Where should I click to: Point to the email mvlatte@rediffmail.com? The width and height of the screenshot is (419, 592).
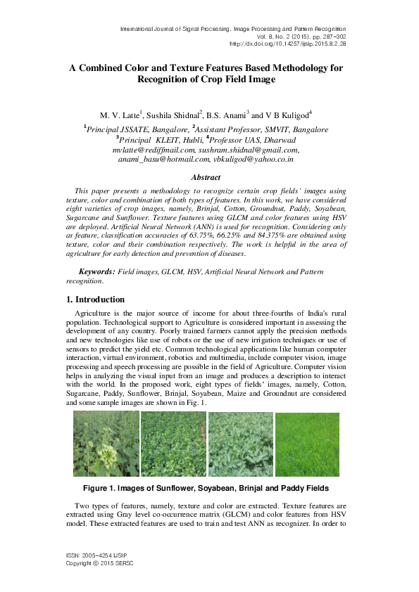[154, 150]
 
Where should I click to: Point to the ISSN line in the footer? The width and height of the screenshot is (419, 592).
[94, 555]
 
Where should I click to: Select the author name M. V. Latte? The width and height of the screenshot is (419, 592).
[120, 115]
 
